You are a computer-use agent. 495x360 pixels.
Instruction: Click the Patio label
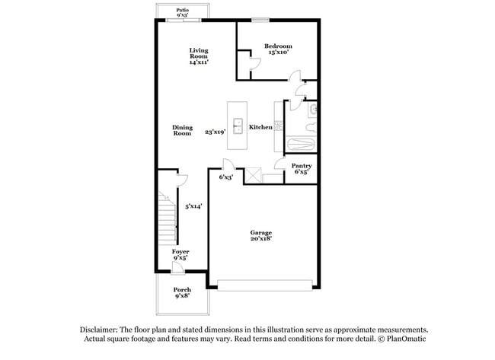183,10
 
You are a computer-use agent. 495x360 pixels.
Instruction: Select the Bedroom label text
278,46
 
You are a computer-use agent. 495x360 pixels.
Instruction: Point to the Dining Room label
182,130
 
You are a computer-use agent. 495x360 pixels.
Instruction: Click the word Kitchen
260,127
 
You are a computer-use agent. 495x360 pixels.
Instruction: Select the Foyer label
180,251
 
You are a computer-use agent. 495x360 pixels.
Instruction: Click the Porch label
182,289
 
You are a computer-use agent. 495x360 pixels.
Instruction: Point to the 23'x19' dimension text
216,132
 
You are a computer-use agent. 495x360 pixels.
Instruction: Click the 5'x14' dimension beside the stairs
193,205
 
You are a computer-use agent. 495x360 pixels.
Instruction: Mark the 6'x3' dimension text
225,177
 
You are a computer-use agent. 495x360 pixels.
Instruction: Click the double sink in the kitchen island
238,126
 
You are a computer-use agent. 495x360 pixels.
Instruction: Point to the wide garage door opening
265,285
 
